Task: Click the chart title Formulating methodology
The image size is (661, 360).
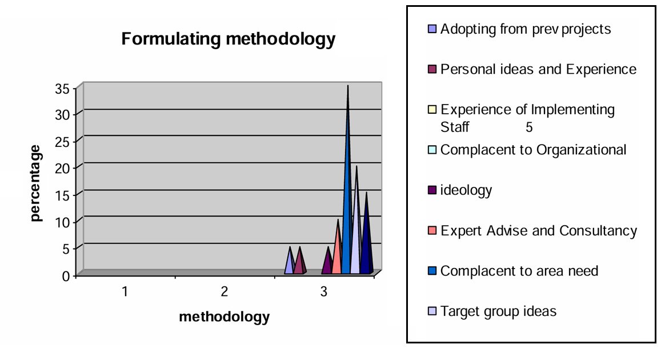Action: (227, 39)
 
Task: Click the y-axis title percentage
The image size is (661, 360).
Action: (35, 183)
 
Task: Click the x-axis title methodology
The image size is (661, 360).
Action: (224, 317)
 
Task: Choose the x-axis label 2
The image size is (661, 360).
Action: (225, 292)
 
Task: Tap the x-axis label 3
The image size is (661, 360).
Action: (324, 292)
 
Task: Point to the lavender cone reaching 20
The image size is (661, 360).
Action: (356, 229)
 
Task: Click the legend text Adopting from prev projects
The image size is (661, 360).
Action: (526, 29)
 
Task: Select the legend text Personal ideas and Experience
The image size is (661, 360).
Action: (538, 70)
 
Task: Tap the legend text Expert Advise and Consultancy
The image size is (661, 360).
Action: (539, 231)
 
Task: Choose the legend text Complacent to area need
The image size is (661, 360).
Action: (519, 271)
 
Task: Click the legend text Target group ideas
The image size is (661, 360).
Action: (498, 311)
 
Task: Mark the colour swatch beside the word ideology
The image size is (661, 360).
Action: (432, 190)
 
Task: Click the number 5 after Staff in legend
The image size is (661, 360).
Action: (529, 127)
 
